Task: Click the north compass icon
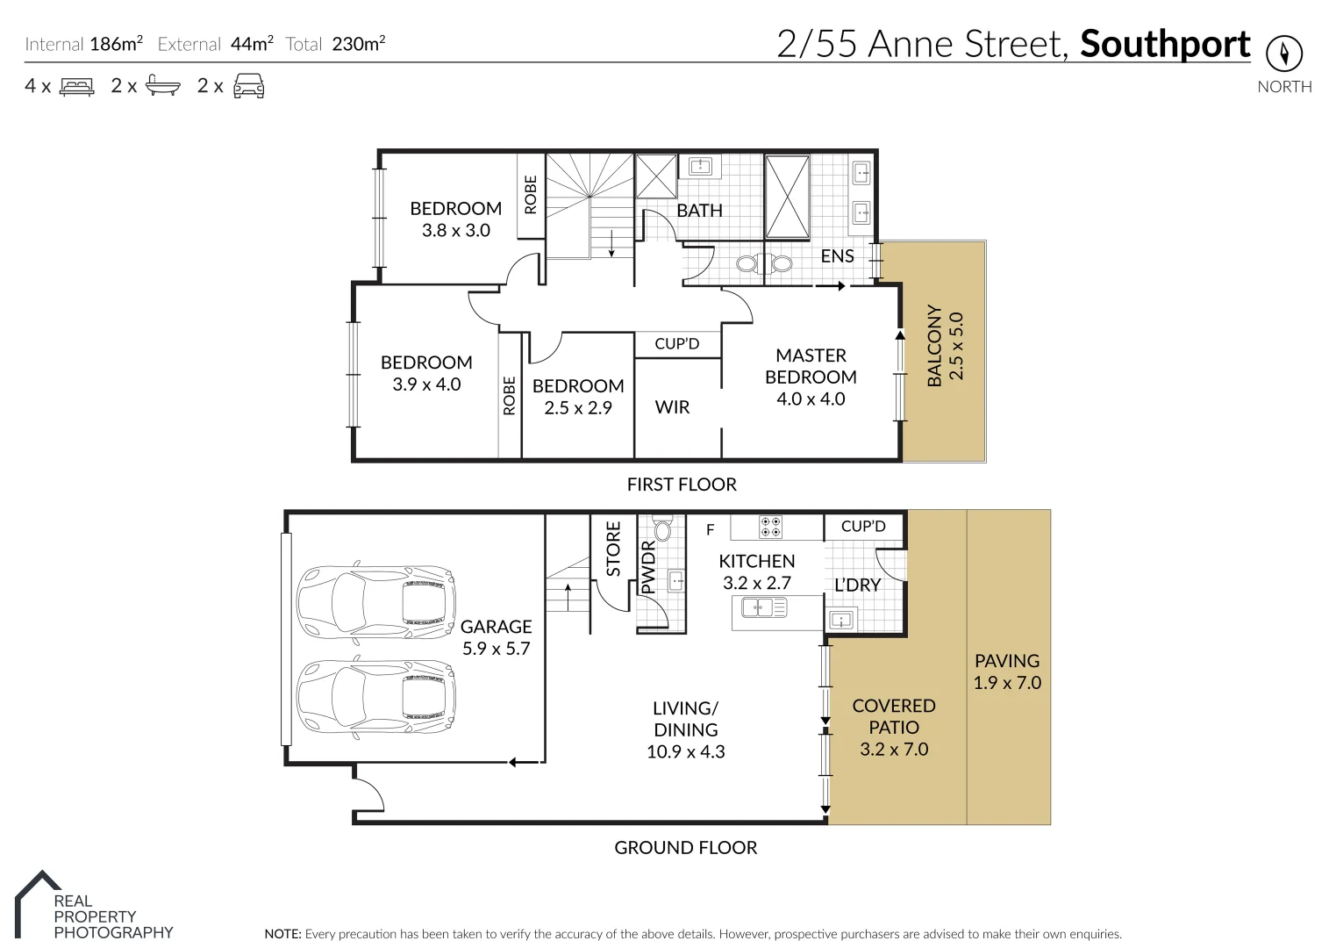(x=1284, y=54)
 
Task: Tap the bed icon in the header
(x=76, y=86)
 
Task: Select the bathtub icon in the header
(x=163, y=86)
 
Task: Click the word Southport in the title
(x=1164, y=44)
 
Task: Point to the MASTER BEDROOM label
(x=811, y=366)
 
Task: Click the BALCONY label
(x=934, y=346)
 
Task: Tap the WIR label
(x=672, y=406)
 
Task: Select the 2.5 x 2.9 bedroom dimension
(x=577, y=407)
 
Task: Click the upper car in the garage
(x=376, y=600)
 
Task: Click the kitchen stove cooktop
(x=771, y=527)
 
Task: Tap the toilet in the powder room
(x=662, y=530)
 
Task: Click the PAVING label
(x=1006, y=661)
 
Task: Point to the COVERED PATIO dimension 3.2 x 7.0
(x=894, y=749)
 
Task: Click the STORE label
(x=613, y=549)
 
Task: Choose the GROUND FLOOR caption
(x=685, y=847)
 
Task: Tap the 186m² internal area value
(x=116, y=43)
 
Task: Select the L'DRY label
(x=857, y=585)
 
